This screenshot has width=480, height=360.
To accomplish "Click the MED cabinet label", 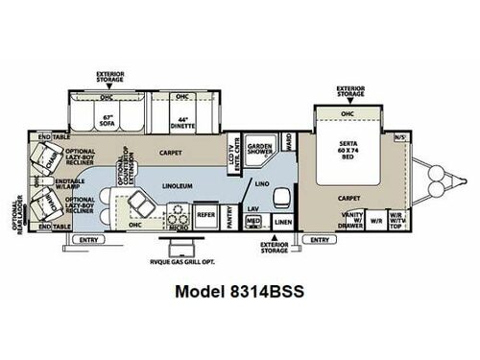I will point(253,220).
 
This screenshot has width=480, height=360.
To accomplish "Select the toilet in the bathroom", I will point(281,197).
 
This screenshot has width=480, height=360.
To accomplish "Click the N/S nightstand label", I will point(399,137).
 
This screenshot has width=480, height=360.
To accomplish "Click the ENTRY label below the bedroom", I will point(315,238).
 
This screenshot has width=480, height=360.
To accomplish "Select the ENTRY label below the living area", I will point(88,238).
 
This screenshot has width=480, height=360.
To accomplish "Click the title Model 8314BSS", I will point(238,293).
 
